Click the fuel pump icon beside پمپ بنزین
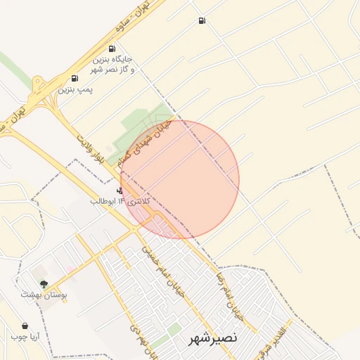(x=75, y=78)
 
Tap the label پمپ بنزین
(x=75, y=90)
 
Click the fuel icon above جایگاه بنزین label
(x=112, y=49)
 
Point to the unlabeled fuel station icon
(x=202, y=21)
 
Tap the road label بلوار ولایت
(x=91, y=148)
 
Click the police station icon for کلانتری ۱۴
(x=120, y=191)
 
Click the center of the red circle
(x=180, y=179)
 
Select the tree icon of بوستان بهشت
(x=44, y=284)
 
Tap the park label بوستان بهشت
(x=44, y=295)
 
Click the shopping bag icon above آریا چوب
(x=25, y=326)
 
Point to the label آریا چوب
(x=25, y=337)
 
